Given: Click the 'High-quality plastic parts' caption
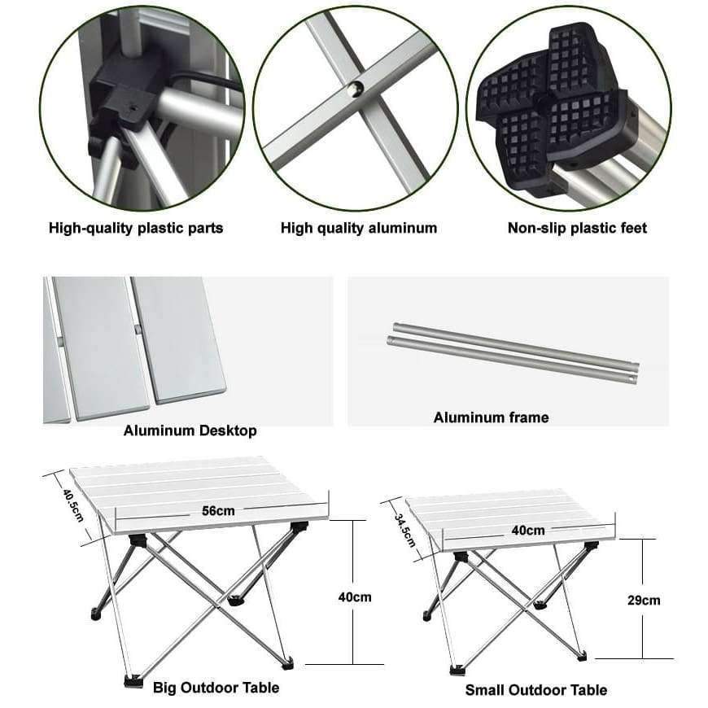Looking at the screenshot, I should [x=135, y=228].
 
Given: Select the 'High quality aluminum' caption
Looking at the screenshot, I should [x=359, y=228].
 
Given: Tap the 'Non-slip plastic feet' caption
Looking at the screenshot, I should [x=577, y=228].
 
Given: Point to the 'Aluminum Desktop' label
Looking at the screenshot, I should [x=190, y=430].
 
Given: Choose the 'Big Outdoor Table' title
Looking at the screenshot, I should [x=216, y=688].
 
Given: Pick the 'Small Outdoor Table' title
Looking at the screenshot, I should [x=535, y=690].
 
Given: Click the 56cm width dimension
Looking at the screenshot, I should [x=218, y=511].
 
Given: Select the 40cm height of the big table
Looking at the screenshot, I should [x=355, y=597].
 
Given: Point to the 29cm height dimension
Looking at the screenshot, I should [x=645, y=601].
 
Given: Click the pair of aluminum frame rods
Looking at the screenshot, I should [x=513, y=352].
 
